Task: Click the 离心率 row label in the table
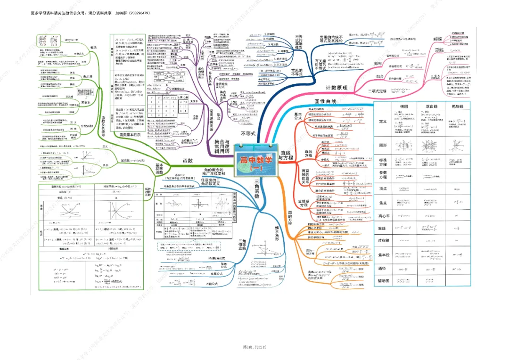[383, 215]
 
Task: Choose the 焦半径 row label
[383, 255]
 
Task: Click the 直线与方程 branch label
[286, 155]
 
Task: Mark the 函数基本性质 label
[124, 135]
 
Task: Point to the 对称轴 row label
[383, 240]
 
